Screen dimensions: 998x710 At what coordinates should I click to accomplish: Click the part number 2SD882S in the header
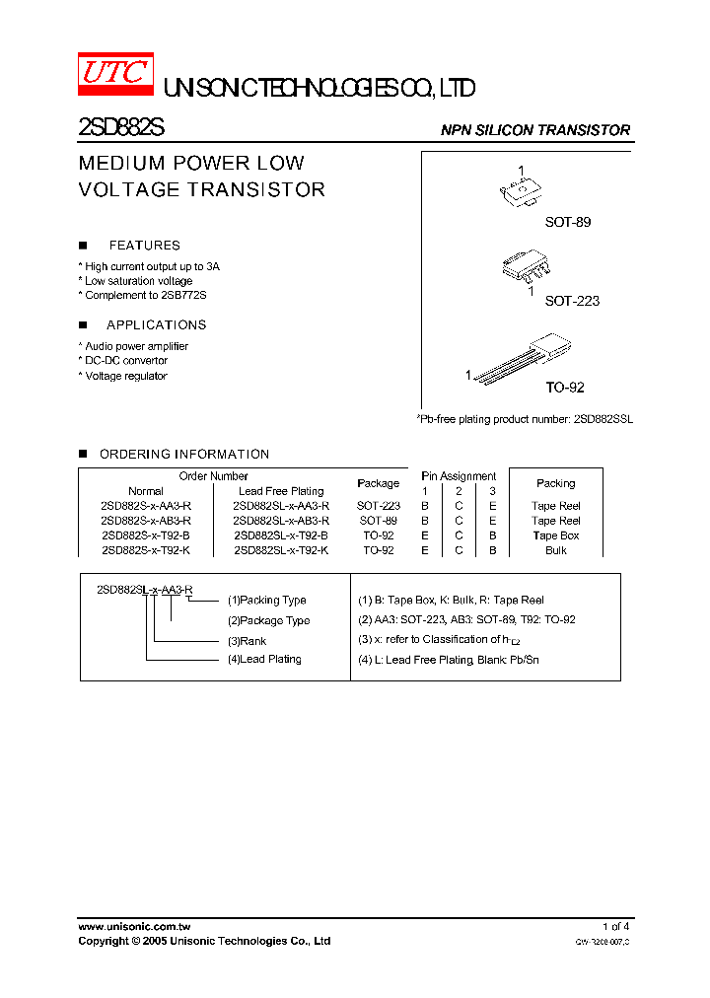pyautogui.click(x=121, y=129)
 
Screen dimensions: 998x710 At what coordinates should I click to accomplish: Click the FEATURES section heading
pyautogui.click(x=144, y=246)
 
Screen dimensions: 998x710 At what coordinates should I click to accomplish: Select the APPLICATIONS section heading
pyautogui.click(x=156, y=324)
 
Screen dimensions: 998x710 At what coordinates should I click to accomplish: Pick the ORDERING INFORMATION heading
pyautogui.click(x=183, y=455)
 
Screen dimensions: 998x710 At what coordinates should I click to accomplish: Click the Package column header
pyautogui.click(x=378, y=483)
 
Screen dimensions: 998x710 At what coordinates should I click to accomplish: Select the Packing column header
pyautogui.click(x=555, y=483)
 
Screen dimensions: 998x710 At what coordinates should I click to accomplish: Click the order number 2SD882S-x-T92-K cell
pyautogui.click(x=146, y=550)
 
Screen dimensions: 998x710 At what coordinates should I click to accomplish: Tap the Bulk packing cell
pyautogui.click(x=555, y=550)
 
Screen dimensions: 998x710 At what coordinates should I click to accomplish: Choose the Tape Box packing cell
pyautogui.click(x=555, y=535)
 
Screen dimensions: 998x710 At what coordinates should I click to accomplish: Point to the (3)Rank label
pyautogui.click(x=247, y=641)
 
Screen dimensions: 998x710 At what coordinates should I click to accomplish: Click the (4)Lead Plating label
pyautogui.click(x=264, y=659)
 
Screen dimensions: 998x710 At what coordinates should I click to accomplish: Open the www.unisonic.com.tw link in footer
pyautogui.click(x=134, y=927)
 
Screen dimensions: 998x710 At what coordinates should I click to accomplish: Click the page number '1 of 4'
pyautogui.click(x=615, y=927)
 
